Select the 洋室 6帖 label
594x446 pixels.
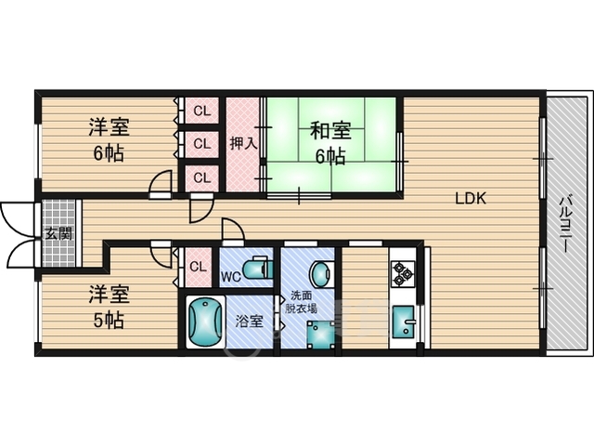(x=108, y=139)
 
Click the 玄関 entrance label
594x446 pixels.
(x=58, y=233)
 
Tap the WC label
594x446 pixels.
(x=231, y=276)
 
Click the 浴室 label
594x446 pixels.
(x=249, y=321)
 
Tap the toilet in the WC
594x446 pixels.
(x=259, y=269)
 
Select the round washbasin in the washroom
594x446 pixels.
(x=320, y=273)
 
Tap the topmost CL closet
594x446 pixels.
(x=200, y=111)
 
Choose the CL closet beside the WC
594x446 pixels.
(x=198, y=268)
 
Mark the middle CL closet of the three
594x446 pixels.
(x=200, y=143)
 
